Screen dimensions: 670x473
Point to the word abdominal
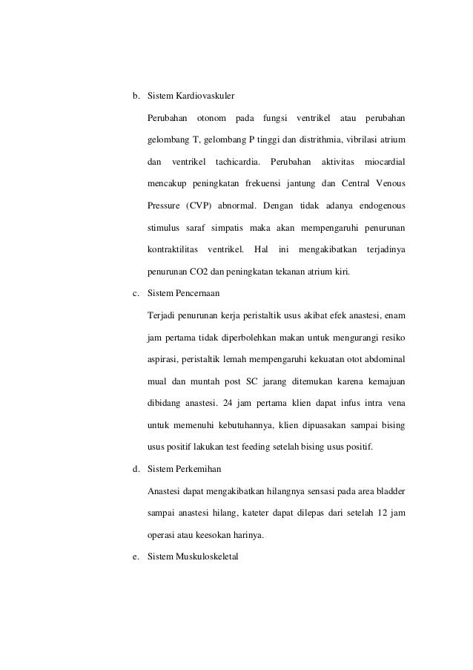(x=383, y=358)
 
